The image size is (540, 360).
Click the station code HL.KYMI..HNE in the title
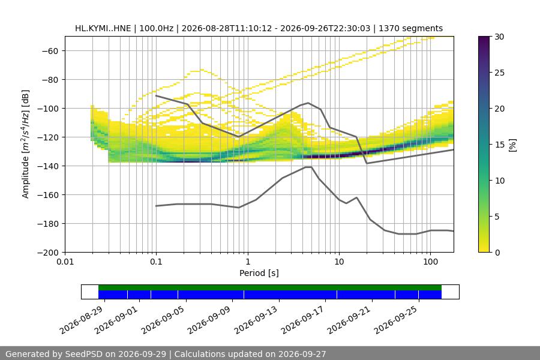[103, 28]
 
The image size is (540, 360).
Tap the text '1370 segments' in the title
[410, 28]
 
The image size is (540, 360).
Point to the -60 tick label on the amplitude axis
[50, 51]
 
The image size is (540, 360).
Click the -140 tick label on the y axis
[48, 166]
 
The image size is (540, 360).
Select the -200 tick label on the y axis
[48, 253]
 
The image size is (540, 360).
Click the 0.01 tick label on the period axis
[65, 262]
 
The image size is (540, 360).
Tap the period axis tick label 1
[248, 262]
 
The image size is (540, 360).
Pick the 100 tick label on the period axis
[430, 262]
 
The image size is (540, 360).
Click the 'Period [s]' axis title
[259, 273]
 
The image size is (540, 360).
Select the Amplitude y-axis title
[26, 144]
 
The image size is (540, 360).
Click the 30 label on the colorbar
[499, 37]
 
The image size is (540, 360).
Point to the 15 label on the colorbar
[499, 145]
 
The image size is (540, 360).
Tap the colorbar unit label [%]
[513, 145]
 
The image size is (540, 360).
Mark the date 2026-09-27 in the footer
[302, 354]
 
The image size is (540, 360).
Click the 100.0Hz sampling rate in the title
[157, 28]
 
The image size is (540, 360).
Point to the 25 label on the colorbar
[499, 73]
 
